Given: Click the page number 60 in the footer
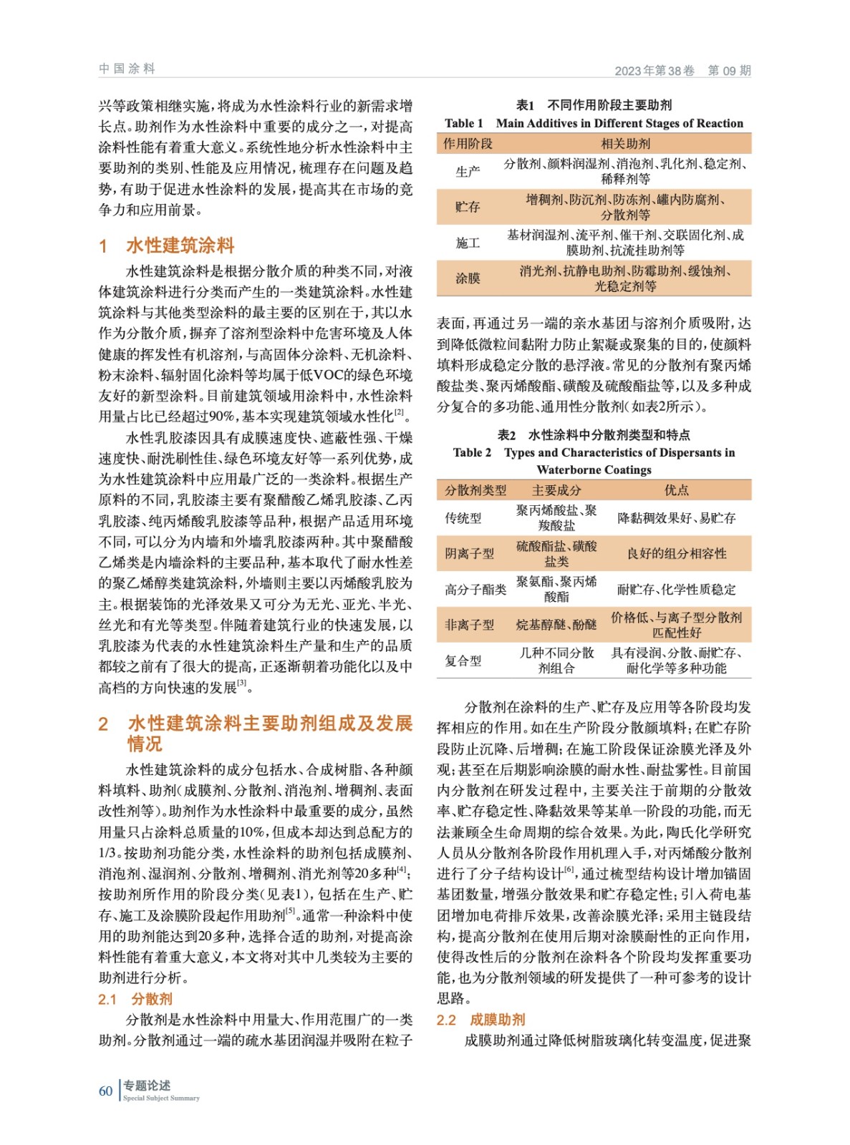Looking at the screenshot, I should (105, 1091).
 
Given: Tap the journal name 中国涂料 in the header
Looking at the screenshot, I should (127, 69).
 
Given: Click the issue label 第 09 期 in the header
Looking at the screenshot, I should (729, 70).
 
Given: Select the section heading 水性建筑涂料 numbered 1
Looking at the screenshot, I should (180, 245).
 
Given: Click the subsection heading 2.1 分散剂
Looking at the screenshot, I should (135, 999).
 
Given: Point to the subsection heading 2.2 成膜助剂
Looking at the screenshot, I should (480, 1020).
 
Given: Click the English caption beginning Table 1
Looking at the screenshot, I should (594, 123).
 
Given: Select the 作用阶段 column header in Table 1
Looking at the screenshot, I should (468, 144).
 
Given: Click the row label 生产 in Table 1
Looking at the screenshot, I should (468, 171).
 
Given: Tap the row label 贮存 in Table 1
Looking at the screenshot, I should (468, 207).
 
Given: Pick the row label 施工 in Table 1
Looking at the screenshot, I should (468, 243).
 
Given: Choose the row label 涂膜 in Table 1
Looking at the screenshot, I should (468, 278).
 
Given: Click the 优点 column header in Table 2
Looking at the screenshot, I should (676, 490).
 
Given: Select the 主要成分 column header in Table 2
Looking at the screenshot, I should (556, 490).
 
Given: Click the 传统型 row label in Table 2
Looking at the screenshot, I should (463, 517).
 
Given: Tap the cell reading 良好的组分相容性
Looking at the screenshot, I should (676, 553).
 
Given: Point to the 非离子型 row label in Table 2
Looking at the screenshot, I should (469, 625).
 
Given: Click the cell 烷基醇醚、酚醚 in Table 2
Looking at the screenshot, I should (556, 625).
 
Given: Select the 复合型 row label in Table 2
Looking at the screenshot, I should (463, 661).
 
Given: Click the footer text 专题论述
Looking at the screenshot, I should (147, 1086).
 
